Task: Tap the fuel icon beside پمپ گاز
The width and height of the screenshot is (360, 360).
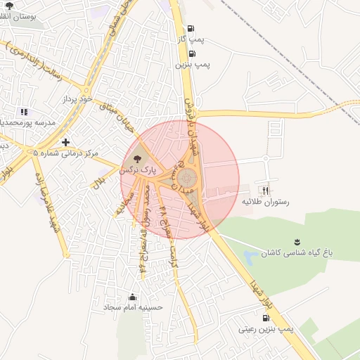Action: click(191, 29)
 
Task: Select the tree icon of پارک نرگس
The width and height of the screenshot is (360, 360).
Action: click(136, 159)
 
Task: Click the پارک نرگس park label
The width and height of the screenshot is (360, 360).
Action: click(136, 170)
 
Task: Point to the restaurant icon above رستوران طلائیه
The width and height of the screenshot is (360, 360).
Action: click(265, 190)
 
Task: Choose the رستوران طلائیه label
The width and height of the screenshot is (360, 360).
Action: click(266, 202)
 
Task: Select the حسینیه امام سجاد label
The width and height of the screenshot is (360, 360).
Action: click(133, 307)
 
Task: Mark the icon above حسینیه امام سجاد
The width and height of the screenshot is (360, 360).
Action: click(133, 296)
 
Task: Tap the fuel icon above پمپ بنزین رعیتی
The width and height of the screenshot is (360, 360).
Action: click(265, 317)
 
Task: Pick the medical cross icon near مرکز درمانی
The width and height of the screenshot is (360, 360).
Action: click(66, 141)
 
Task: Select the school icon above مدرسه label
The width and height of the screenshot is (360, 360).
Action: click(24, 111)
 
